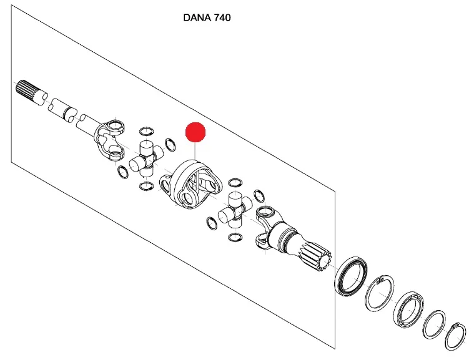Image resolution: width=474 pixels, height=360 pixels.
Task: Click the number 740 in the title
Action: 222,18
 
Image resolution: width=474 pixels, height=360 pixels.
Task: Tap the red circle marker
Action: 195,132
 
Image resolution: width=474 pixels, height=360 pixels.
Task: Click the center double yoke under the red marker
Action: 191,184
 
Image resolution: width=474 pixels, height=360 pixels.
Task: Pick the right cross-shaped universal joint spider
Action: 235,210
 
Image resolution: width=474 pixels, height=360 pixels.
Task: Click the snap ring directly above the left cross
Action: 146,132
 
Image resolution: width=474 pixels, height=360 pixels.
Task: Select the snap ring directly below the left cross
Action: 146,186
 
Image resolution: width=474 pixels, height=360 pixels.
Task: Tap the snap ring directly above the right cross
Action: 235,182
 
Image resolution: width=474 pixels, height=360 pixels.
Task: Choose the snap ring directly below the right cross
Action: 235,237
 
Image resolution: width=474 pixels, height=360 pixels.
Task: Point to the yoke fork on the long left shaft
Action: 109,140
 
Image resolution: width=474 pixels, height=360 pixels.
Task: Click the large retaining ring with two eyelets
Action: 380,293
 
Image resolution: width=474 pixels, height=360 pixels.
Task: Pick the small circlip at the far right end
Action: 456,337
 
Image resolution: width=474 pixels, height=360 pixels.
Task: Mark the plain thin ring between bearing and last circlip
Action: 435,325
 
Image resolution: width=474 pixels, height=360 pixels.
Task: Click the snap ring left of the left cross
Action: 123,172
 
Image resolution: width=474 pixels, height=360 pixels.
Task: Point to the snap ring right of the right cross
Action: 259,197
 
